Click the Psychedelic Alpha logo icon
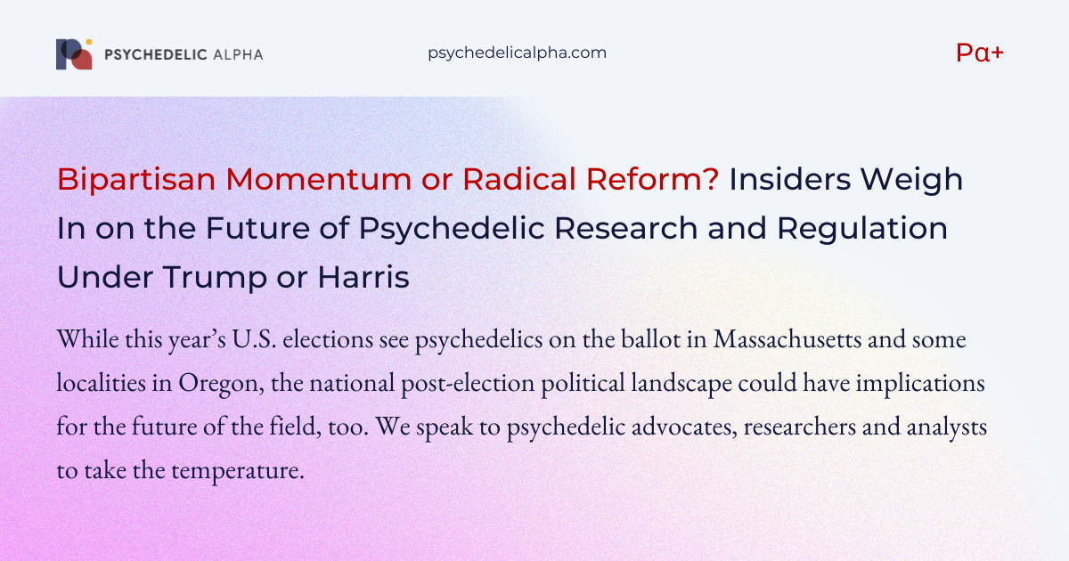pyautogui.click(x=74, y=54)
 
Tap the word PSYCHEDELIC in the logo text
pyautogui.click(x=156, y=54)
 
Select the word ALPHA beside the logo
pyautogui.click(x=238, y=54)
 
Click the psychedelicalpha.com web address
pyautogui.click(x=517, y=53)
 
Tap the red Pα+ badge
pyautogui.click(x=980, y=53)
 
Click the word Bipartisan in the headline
pyautogui.click(x=136, y=180)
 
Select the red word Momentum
pyautogui.click(x=318, y=179)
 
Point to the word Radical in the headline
pyautogui.click(x=519, y=179)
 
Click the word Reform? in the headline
pyautogui.click(x=652, y=179)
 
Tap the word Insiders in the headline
pyautogui.click(x=790, y=179)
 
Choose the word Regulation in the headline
pyautogui.click(x=862, y=229)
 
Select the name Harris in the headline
pyautogui.click(x=363, y=277)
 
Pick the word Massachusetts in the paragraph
pyautogui.click(x=787, y=339)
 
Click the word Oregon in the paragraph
pyautogui.click(x=222, y=384)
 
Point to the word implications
pyautogui.click(x=920, y=384)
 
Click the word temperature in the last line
pyautogui.click(x=238, y=471)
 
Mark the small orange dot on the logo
pyautogui.click(x=89, y=42)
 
